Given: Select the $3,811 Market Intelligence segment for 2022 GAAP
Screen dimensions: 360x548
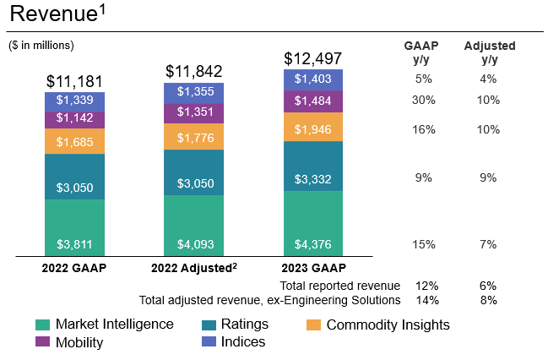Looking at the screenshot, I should click(74, 244).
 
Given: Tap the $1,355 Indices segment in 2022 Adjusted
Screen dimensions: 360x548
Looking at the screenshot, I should click(193, 92).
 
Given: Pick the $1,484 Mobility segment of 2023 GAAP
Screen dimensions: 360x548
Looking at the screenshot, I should click(313, 101).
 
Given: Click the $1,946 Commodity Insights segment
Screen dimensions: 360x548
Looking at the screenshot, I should click(313, 129).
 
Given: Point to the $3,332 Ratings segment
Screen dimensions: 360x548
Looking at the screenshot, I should click(313, 178).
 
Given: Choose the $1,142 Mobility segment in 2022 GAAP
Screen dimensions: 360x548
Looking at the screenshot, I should click(74, 119).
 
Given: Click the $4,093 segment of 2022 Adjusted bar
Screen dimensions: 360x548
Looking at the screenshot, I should click(193, 244).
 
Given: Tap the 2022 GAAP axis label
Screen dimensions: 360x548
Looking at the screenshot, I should click(74, 269).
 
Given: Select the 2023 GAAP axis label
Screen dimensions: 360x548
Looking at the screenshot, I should click(313, 269).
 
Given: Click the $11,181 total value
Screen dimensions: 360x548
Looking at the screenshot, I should click(74, 81).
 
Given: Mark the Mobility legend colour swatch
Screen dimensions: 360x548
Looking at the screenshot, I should click(42, 342).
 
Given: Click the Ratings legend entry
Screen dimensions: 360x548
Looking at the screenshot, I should click(244, 325).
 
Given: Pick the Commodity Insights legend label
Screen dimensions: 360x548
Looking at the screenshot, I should click(388, 325).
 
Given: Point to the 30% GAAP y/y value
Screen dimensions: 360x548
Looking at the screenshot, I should click(424, 100).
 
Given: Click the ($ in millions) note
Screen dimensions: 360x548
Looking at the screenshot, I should click(41, 45).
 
